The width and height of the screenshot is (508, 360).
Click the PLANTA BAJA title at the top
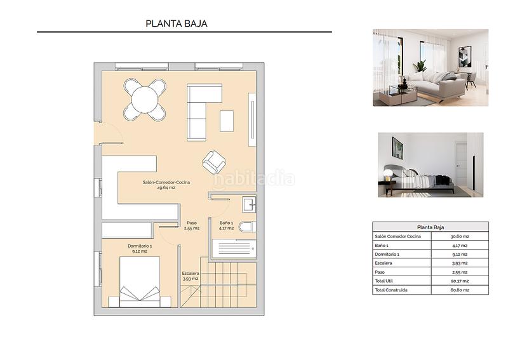[x=177, y=23]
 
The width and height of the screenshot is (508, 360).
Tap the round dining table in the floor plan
[x=145, y=99]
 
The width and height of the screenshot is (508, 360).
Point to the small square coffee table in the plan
[x=227, y=121]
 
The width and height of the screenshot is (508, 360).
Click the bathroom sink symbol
[x=249, y=204]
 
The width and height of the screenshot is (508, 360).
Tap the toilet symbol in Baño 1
[x=247, y=227]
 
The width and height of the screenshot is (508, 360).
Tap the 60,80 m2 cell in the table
[x=460, y=290]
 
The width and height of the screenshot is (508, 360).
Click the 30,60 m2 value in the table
[x=460, y=236]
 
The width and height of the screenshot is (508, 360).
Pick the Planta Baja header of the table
[x=431, y=227]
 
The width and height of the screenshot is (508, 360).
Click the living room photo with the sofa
[x=430, y=67]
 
